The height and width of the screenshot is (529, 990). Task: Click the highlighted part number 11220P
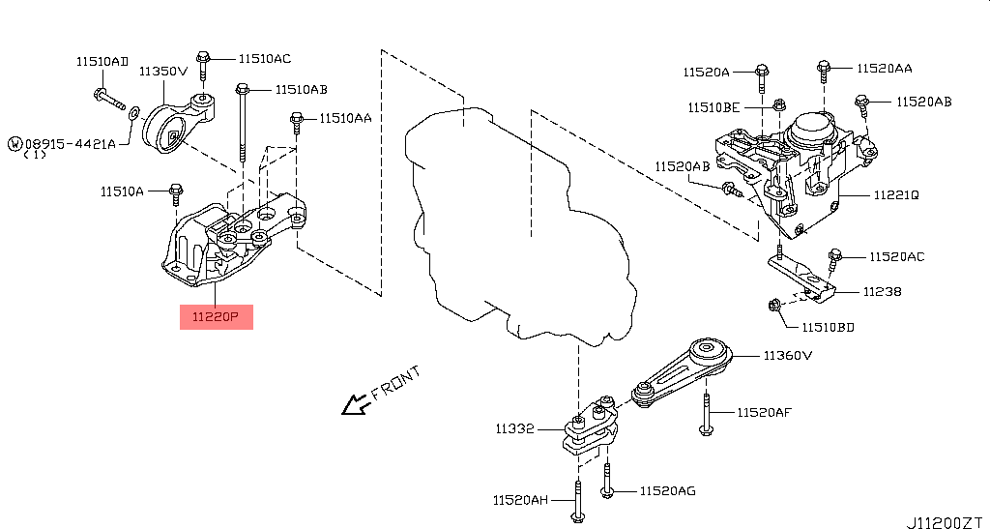click(x=216, y=316)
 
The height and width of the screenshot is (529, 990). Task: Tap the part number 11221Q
click(x=895, y=194)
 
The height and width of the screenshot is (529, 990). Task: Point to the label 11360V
click(x=787, y=355)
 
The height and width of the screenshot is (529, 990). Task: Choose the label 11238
click(x=882, y=290)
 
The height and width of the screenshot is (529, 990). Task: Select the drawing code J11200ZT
click(x=944, y=521)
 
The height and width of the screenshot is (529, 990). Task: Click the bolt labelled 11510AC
click(x=203, y=64)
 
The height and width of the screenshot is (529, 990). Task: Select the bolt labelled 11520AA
click(x=823, y=69)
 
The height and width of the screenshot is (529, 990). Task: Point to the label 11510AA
click(x=344, y=118)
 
